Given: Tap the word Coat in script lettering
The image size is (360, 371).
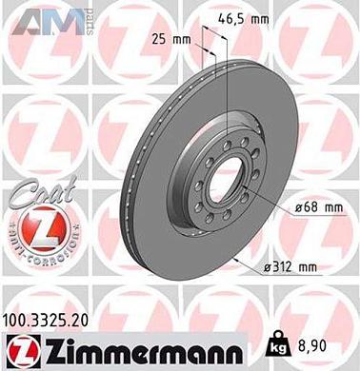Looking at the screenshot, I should coord(37,195).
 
